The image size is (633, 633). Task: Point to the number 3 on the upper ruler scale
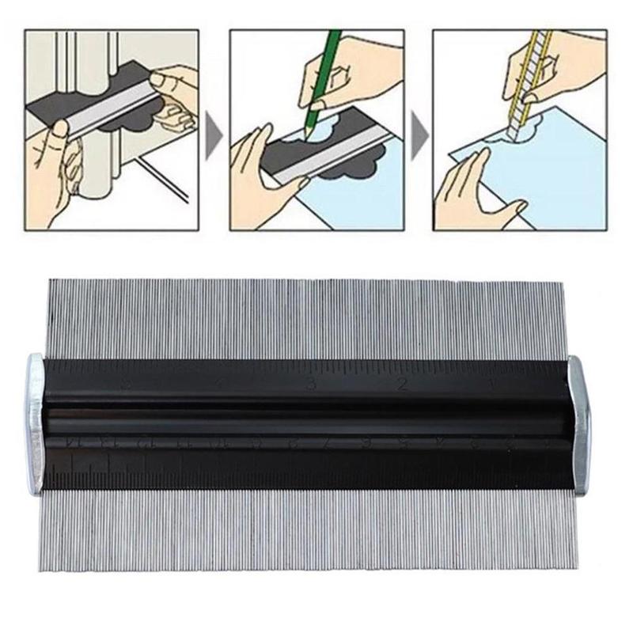pyautogui.click(x=312, y=385)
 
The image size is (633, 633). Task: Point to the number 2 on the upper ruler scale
pyautogui.click(x=403, y=385)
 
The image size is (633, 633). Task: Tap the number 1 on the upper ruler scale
pyautogui.click(x=492, y=385)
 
